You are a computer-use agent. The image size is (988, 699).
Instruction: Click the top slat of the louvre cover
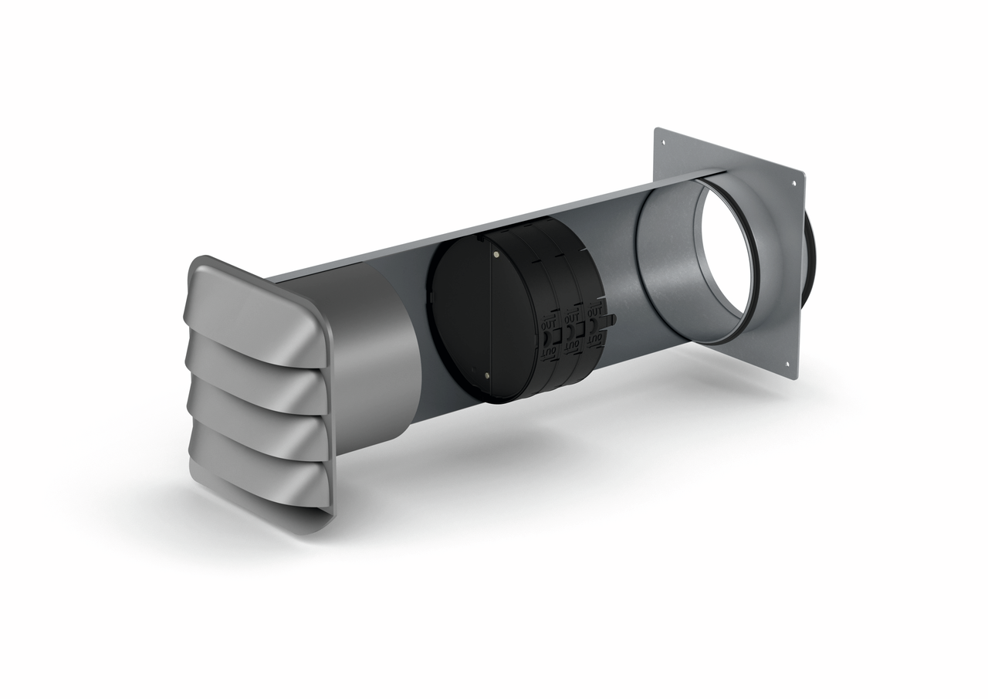[255, 309]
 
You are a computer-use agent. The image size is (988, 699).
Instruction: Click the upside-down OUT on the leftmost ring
[547, 352]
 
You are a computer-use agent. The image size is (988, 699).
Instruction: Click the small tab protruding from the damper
[614, 318]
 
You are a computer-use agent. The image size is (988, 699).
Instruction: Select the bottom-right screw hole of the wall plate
[787, 365]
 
